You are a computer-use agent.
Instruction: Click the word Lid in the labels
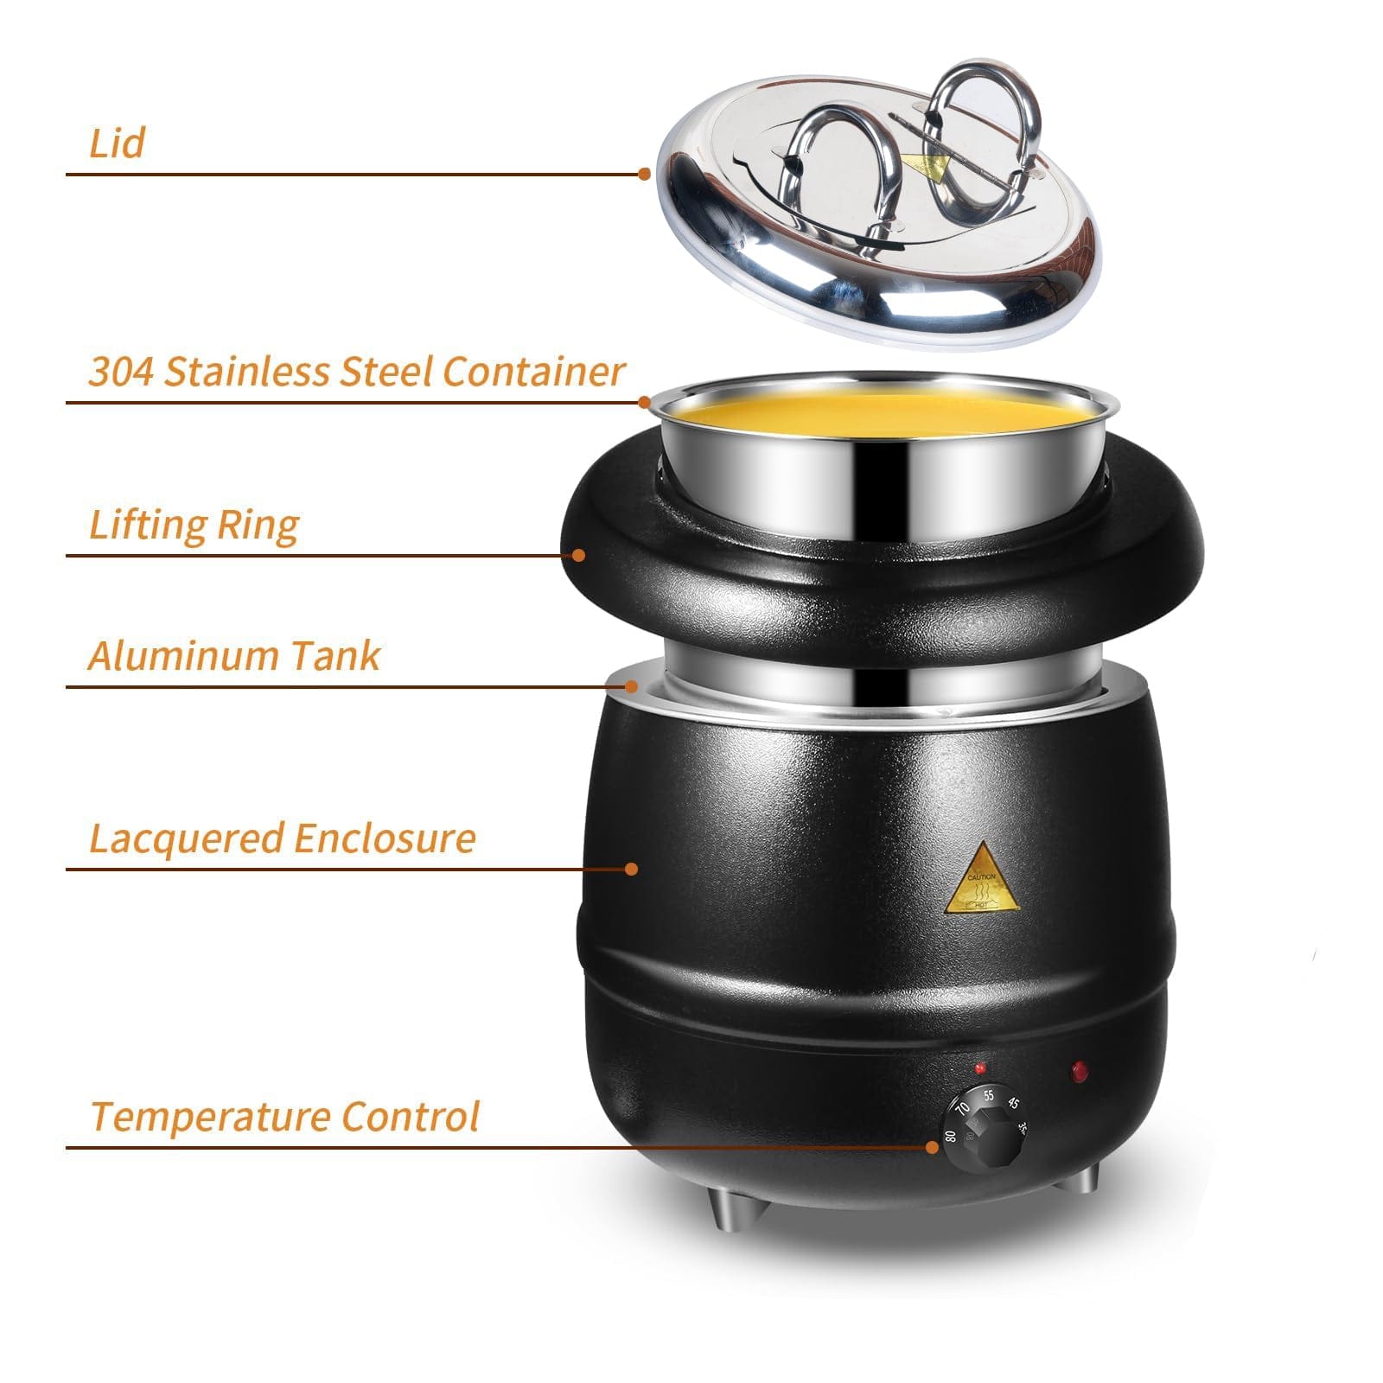pyautogui.click(x=116, y=143)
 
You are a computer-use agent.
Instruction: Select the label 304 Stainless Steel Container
pyautogui.click(x=355, y=372)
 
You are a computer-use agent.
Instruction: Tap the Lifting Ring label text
pyautogui.click(x=194, y=525)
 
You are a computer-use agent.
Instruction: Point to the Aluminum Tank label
pyautogui.click(x=233, y=655)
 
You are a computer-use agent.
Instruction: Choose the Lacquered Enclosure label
pyautogui.click(x=282, y=838)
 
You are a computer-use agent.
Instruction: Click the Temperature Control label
pyautogui.click(x=284, y=1116)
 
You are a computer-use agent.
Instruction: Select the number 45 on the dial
pyautogui.click(x=1015, y=1103)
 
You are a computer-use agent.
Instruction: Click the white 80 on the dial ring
pyautogui.click(x=952, y=1135)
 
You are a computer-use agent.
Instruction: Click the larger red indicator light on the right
pyautogui.click(x=1079, y=1072)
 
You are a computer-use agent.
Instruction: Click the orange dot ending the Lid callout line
pyautogui.click(x=644, y=174)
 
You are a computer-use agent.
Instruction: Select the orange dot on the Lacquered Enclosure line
pyautogui.click(x=632, y=868)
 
